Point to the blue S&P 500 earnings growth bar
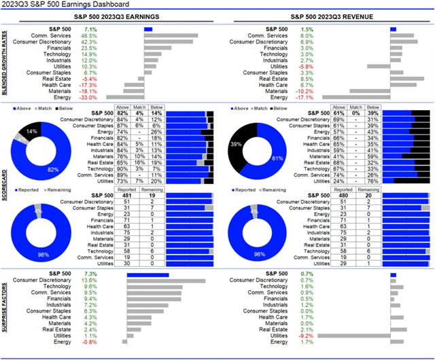(x=148, y=29)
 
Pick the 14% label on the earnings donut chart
(x=31, y=130)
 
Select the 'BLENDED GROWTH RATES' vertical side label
(x=5, y=62)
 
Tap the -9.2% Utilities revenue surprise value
(x=307, y=336)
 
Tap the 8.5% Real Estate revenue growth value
(x=307, y=78)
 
